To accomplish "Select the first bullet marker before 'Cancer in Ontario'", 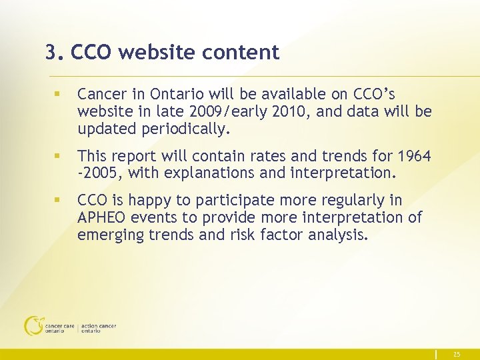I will click(58, 95).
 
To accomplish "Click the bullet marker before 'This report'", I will click(58, 156).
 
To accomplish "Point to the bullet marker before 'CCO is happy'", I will click(58, 200).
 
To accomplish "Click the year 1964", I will click(414, 156).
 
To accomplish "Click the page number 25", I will click(456, 355).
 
